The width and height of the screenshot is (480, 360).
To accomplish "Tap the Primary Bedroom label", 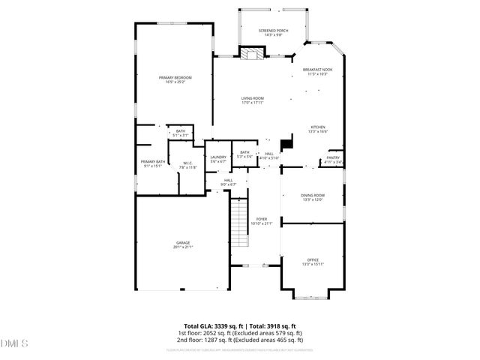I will pyautogui.click(x=175, y=79).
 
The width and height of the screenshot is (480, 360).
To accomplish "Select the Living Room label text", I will pyautogui.click(x=252, y=100).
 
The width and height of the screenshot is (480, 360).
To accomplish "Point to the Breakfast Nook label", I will pyautogui.click(x=317, y=71).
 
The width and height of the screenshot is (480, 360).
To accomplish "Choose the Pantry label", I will pyautogui.click(x=332, y=159).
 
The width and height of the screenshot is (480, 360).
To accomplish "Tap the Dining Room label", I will pyautogui.click(x=312, y=196).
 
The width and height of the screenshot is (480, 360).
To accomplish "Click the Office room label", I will pyautogui.click(x=312, y=261).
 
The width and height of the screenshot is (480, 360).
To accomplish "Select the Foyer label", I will pyautogui.click(x=261, y=220).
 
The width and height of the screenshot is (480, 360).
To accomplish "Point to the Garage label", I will pyautogui.click(x=182, y=244).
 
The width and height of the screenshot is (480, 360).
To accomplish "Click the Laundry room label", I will pyautogui.click(x=217, y=158).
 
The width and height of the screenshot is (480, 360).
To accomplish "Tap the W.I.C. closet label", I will pyautogui.click(x=188, y=165).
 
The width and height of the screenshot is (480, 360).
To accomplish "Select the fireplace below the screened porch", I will pyautogui.click(x=252, y=53).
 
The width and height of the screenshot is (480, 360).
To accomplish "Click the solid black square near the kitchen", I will pyautogui.click(x=286, y=142).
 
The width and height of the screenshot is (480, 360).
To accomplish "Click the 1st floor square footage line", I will pyautogui.click(x=240, y=333).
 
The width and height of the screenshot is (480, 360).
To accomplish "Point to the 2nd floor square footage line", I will pyautogui.click(x=240, y=340).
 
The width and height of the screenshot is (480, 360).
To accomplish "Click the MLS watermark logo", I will pyautogui.click(x=13, y=343).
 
